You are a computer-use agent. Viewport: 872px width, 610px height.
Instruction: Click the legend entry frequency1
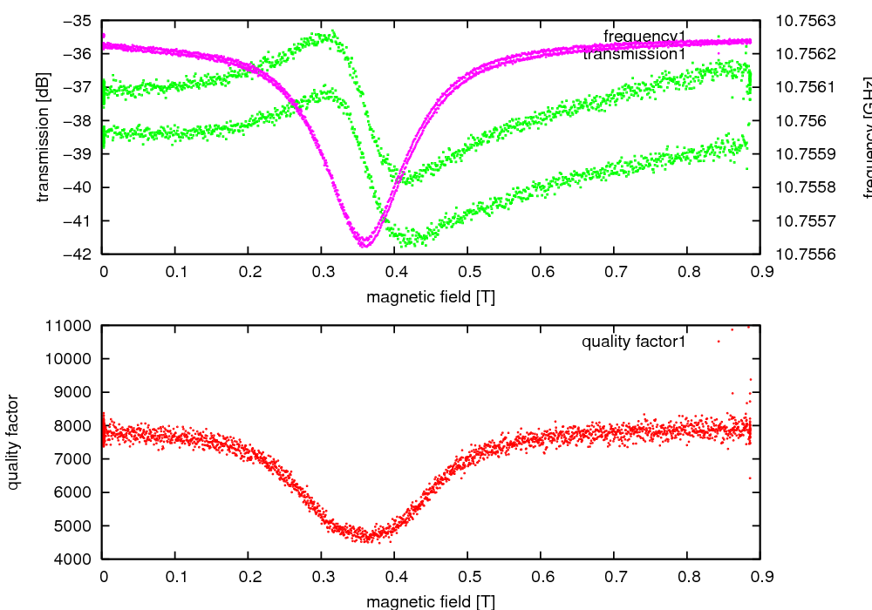[644, 37]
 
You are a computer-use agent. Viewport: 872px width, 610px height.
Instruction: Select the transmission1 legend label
[634, 54]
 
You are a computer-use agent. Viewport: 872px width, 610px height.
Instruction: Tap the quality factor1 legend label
[634, 342]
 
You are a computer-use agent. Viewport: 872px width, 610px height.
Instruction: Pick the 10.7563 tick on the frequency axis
[805, 20]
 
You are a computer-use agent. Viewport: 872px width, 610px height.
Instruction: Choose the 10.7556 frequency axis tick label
[805, 254]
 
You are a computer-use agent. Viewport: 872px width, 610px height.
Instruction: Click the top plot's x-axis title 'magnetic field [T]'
[431, 297]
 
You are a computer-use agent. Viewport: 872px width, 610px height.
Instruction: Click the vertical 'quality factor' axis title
[15, 442]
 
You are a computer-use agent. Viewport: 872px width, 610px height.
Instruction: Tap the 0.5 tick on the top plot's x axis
[467, 272]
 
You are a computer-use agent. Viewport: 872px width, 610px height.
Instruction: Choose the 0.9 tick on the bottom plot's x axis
[760, 576]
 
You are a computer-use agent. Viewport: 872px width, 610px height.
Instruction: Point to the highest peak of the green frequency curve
[331, 33]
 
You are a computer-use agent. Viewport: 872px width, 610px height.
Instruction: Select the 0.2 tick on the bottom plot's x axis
[249, 576]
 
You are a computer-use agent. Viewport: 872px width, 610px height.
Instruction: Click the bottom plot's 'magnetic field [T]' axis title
[431, 601]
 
